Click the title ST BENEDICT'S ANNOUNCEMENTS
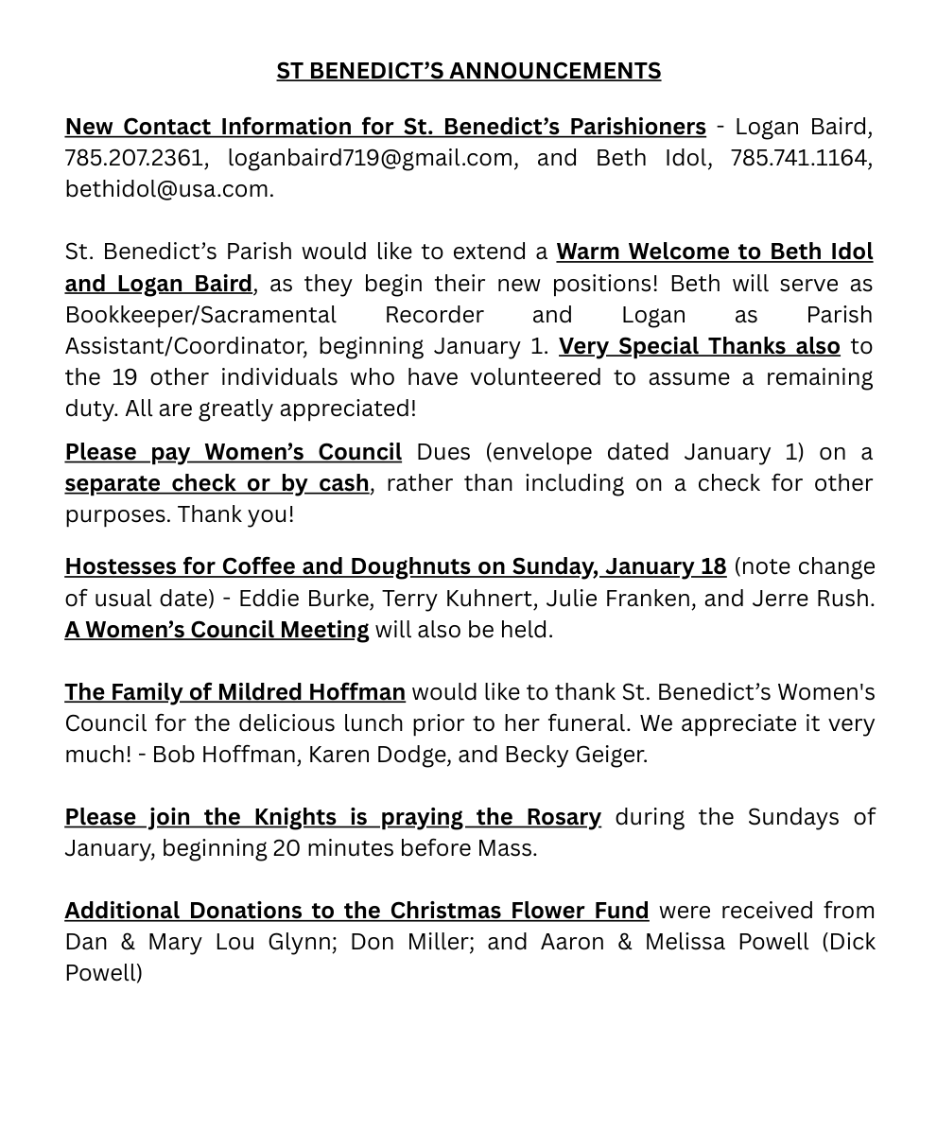[x=468, y=71]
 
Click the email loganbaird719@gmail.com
[x=370, y=158]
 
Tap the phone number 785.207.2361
[x=133, y=158]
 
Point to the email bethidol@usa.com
[x=167, y=189]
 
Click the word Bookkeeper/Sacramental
[x=200, y=314]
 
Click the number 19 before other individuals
[x=125, y=376]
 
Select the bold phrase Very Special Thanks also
[x=699, y=346]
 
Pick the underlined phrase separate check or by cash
[x=217, y=483]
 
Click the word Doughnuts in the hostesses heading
[x=410, y=566]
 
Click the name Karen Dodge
[x=377, y=755]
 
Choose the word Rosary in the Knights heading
[x=559, y=817]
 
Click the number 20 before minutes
[x=286, y=848]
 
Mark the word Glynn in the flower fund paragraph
[x=294, y=942]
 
